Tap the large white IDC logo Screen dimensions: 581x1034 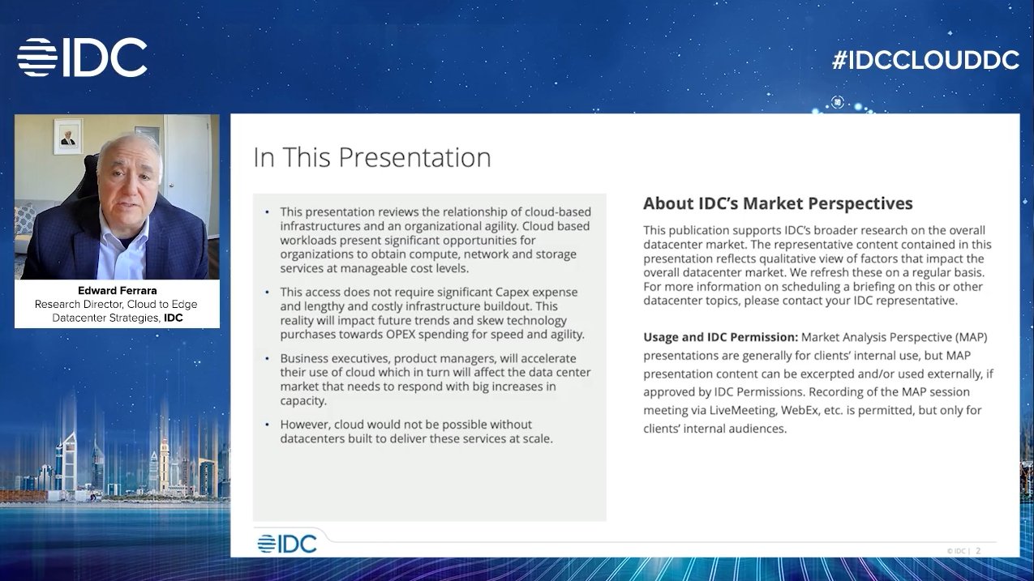pos(82,58)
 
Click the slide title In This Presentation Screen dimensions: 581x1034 pos(372,157)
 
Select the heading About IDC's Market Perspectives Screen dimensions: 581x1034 pos(778,203)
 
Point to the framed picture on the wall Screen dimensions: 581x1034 pos(68,136)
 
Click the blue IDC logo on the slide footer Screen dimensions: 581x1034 pos(287,544)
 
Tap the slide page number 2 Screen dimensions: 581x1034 pos(978,551)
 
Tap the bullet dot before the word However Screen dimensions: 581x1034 pos(268,425)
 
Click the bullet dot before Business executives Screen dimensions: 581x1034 pos(268,358)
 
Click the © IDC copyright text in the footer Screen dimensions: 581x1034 pos(958,551)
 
